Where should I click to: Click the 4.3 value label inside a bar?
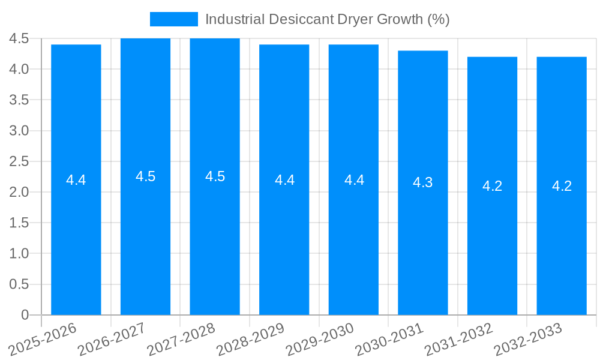pos(423,182)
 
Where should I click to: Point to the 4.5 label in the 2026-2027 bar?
pos(146,176)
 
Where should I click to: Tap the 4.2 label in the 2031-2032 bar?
pos(492,186)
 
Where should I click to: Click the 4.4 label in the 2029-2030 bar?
pos(354,180)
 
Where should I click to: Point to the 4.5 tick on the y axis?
pos(19,38)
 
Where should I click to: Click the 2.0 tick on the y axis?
pos(19,192)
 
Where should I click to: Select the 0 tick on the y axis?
pos(25,314)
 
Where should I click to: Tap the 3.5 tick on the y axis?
pos(19,100)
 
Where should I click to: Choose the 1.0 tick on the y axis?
pos(19,253)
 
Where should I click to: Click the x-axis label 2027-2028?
pos(181,339)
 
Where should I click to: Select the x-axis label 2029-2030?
pos(320,339)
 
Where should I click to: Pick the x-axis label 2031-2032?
pos(458,339)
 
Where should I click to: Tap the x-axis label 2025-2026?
pos(43,339)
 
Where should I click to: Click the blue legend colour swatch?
pos(173,19)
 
